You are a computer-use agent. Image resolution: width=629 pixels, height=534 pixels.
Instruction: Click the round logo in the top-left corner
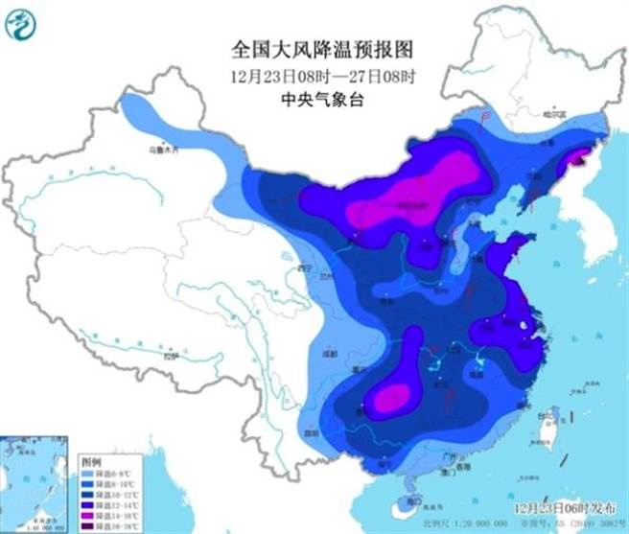20,22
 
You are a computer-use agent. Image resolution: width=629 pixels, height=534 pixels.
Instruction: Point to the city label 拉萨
171,356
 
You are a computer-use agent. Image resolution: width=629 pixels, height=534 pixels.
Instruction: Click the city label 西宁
305,267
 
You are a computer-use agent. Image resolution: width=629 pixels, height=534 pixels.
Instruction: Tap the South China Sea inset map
35,479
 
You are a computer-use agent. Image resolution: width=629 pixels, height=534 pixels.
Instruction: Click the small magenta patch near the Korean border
578,158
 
